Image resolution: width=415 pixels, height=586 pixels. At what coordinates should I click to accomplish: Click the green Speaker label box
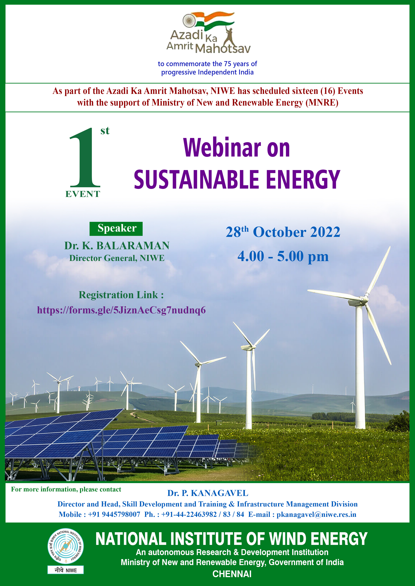tap(116, 229)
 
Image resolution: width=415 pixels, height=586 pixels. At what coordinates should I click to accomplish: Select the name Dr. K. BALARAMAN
tap(117, 246)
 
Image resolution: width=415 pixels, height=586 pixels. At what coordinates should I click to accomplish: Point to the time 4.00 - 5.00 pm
tap(283, 256)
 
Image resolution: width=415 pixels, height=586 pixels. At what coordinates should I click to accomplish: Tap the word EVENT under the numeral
tap(83, 194)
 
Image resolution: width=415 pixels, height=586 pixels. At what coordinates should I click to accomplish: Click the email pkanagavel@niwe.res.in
tap(316, 514)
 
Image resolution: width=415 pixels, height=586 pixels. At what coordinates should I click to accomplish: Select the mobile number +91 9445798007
tap(114, 514)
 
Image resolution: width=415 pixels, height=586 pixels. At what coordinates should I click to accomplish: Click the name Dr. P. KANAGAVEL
tap(208, 493)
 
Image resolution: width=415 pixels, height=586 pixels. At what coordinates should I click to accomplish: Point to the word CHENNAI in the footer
tap(232, 574)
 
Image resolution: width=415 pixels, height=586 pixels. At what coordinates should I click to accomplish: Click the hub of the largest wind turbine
tap(361, 299)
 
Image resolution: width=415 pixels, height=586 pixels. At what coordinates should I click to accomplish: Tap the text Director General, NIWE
tap(117, 258)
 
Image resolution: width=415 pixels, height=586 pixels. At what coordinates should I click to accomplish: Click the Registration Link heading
tap(121, 295)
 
